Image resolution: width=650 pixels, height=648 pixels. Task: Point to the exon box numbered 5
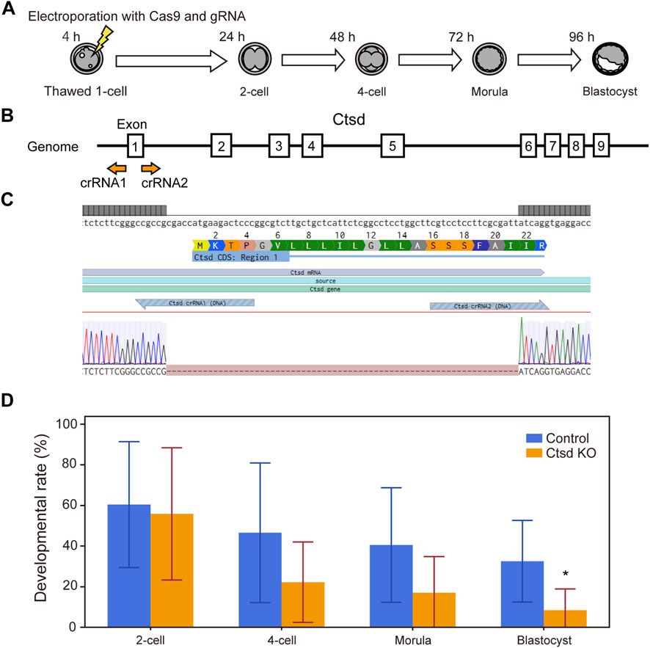point(392,146)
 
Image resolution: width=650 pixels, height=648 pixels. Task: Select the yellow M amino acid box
point(197,244)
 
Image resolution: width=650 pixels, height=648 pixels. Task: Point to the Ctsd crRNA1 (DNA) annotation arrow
point(194,302)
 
